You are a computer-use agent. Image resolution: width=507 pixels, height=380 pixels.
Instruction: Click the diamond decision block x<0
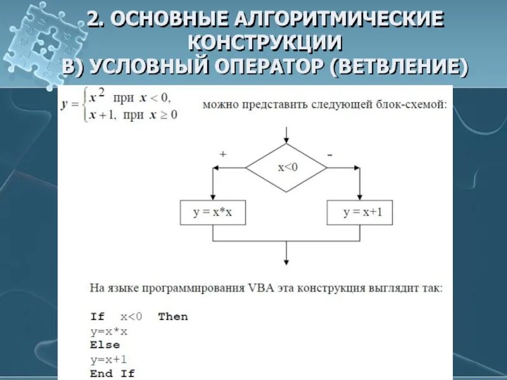[286, 167]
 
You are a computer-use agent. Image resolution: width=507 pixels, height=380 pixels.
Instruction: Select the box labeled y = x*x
[213, 213]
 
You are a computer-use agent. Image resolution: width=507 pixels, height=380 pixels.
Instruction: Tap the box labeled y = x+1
[359, 213]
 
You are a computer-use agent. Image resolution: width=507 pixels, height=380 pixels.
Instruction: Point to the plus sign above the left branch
[222, 155]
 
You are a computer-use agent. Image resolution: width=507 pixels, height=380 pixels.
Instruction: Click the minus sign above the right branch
[330, 155]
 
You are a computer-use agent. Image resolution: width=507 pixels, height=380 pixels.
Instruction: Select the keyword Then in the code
[173, 316]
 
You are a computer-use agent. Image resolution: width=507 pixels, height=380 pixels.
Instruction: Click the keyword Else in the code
[105, 345]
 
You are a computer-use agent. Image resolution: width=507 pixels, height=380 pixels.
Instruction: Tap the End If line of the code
[112, 373]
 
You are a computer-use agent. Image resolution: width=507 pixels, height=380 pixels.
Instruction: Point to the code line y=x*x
[109, 331]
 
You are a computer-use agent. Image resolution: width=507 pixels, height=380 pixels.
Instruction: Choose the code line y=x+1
[109, 359]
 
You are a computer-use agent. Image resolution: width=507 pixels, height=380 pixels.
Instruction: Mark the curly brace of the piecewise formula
[82, 105]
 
